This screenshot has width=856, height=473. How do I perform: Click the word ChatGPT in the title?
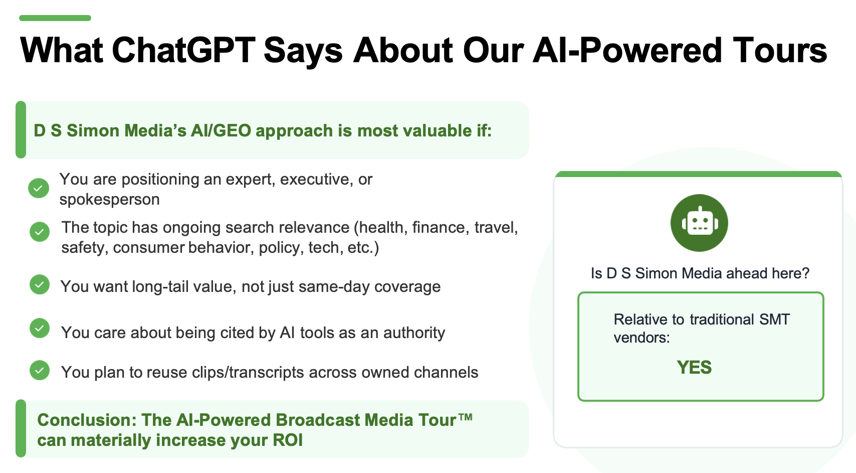[183, 50]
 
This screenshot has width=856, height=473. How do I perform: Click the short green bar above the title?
[55, 18]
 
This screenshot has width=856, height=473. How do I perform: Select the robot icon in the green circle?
[699, 223]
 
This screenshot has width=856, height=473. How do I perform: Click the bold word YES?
[694, 368]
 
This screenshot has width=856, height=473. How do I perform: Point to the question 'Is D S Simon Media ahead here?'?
[700, 273]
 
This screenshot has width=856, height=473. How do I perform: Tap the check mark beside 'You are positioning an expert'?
[39, 188]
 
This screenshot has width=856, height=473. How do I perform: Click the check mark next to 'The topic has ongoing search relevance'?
[40, 232]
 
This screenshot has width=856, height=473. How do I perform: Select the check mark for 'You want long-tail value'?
[40, 284]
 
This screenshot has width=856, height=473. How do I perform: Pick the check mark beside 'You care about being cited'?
[40, 328]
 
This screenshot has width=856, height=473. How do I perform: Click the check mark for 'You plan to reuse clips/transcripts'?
[40, 370]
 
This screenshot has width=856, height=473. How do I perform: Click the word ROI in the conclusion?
[287, 440]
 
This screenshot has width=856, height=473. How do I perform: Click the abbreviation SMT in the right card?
[774, 320]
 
